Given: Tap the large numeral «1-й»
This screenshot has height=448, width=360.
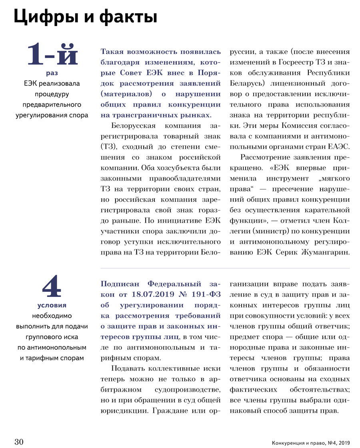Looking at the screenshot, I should coord(52,56).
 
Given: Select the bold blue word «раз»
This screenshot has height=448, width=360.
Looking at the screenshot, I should coord(52,73).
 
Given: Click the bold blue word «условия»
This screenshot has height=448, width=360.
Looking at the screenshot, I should coord(52,306).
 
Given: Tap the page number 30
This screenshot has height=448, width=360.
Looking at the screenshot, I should coord(19,441).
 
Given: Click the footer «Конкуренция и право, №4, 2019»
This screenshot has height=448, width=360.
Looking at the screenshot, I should coord(310,442).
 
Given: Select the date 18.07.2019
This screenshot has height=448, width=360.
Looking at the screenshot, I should coord(149,295).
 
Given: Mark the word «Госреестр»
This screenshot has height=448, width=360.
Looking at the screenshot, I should coord(283,62).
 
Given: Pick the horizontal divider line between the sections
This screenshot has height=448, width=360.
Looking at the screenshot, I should coord(225,267).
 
